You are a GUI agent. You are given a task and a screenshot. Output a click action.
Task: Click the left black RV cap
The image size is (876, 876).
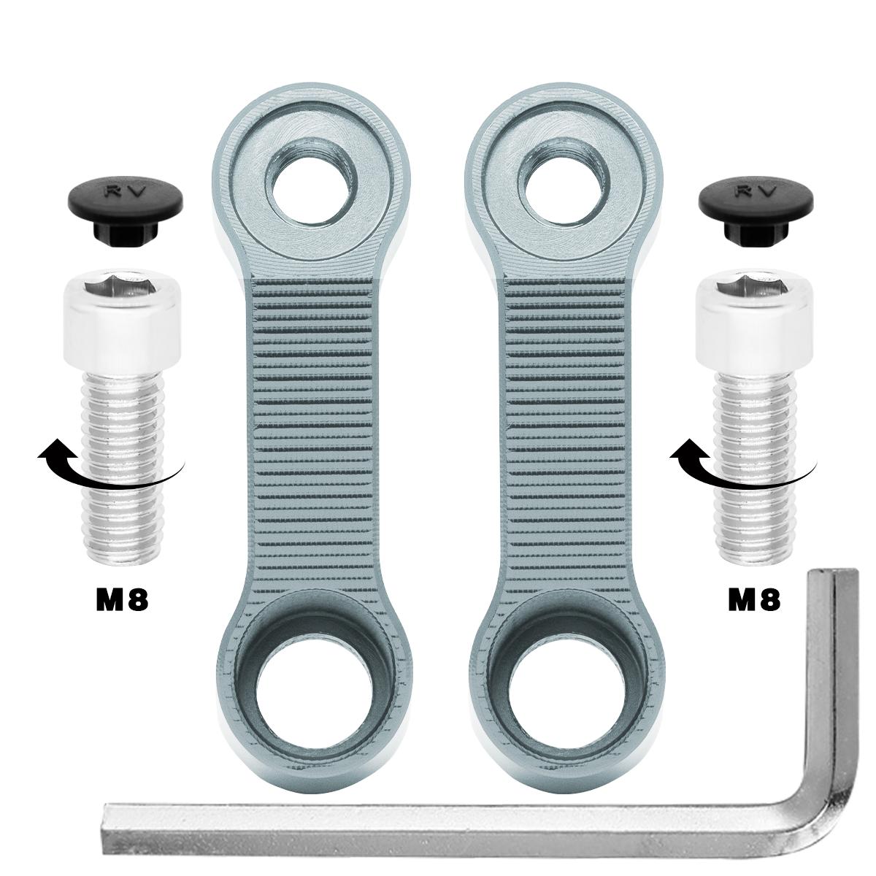[x=126, y=208]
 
